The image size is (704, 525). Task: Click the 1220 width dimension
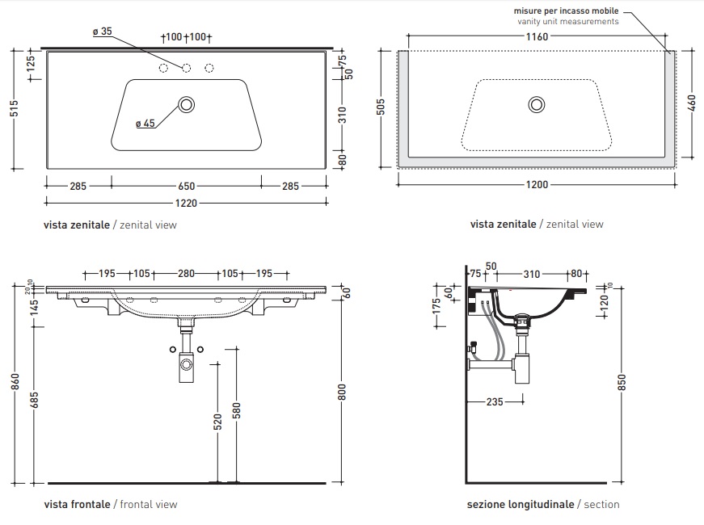click(186, 204)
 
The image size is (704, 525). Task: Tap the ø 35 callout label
click(102, 31)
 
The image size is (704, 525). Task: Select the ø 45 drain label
click(145, 124)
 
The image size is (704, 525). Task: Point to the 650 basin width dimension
click(186, 186)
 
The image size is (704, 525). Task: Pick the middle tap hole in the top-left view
click(186, 68)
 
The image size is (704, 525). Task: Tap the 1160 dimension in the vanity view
click(537, 36)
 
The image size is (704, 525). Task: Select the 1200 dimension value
click(537, 185)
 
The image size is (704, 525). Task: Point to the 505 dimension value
click(382, 108)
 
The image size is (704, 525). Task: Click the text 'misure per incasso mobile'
click(566, 10)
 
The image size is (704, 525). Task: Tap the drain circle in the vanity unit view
click(537, 103)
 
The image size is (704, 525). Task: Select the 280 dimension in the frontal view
click(186, 274)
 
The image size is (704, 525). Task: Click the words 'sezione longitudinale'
click(521, 504)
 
